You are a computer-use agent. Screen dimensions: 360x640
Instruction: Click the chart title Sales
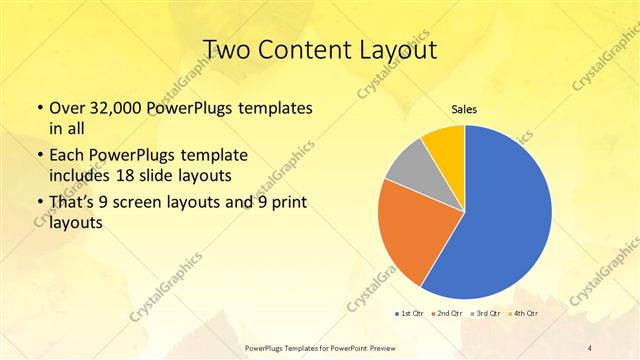coord(464,109)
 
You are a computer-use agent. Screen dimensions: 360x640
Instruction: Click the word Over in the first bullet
coord(66,106)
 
